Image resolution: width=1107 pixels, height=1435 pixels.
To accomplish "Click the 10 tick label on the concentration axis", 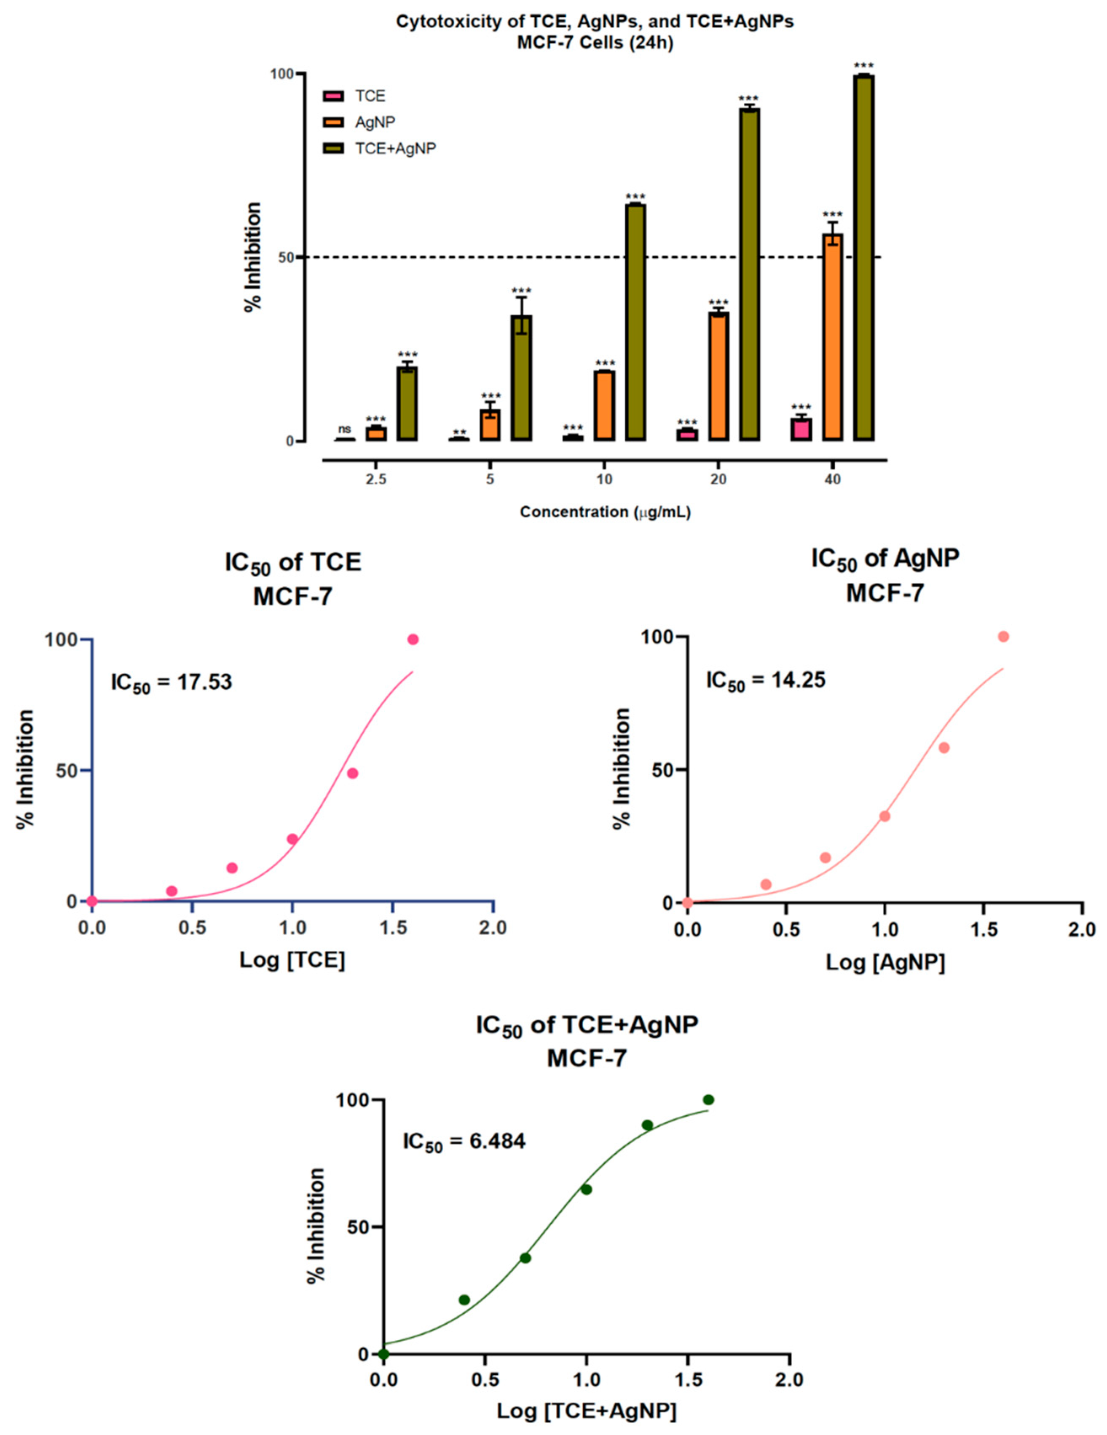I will (604, 480).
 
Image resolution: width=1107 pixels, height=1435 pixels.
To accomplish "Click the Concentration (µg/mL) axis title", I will (604, 512).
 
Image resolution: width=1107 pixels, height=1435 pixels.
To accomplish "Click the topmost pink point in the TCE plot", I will (413, 639).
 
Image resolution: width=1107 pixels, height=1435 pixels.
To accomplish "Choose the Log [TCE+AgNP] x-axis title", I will (586, 1411).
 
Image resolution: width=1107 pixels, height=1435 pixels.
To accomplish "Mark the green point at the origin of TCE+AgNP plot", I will (383, 1354).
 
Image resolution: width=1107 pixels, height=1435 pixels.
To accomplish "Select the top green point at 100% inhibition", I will (708, 1100).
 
